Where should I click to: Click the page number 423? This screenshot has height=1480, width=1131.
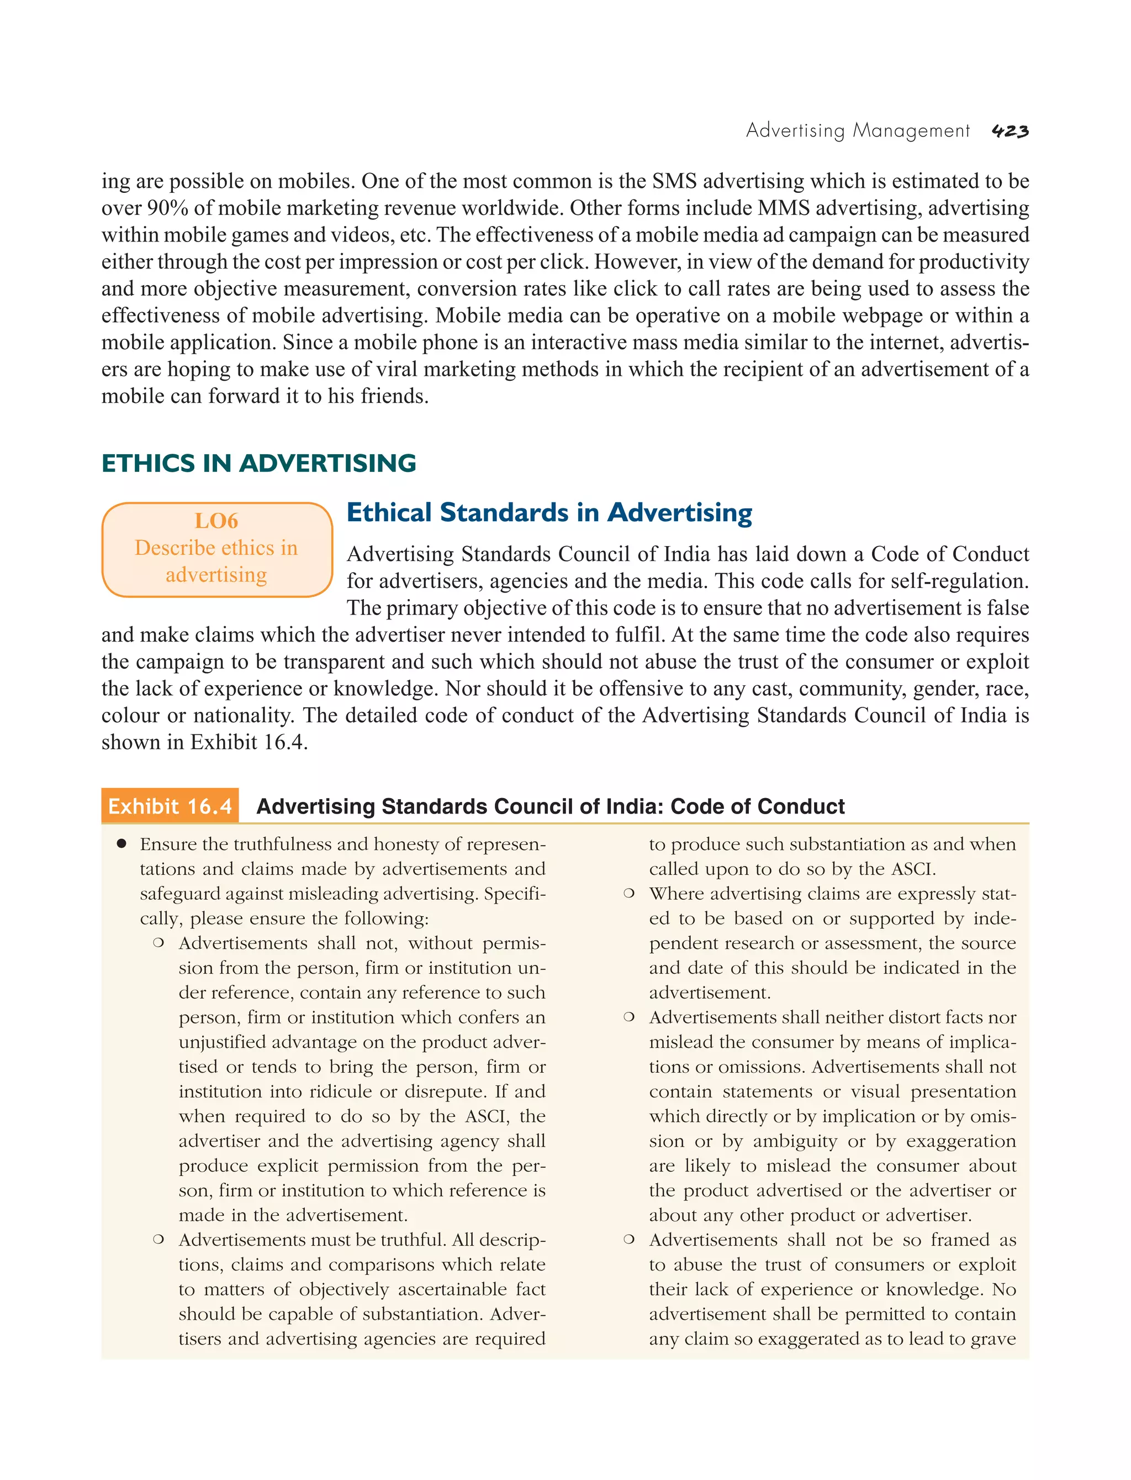pos(1010,132)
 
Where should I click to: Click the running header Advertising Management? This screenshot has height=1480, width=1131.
pos(858,130)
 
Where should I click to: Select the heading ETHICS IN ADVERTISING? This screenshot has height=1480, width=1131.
pos(258,464)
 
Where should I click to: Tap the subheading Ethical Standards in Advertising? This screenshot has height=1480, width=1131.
pos(549,513)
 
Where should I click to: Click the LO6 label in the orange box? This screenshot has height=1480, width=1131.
pos(216,521)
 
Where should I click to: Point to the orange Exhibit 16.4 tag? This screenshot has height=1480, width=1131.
pos(170,806)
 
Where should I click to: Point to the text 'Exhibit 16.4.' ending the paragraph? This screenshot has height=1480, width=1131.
pos(249,742)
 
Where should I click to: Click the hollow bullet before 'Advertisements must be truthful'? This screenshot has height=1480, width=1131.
pos(158,1240)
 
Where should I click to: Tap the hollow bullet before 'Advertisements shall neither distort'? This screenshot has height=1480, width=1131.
pos(629,1018)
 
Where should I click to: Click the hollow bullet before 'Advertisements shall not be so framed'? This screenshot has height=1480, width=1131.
pos(629,1240)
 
